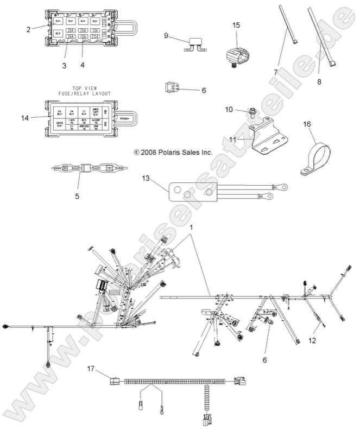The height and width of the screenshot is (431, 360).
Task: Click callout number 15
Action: (x=236, y=26)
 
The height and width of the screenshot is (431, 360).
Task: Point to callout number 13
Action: (x=146, y=178)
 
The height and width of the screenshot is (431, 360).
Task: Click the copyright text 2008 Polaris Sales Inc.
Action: (x=173, y=153)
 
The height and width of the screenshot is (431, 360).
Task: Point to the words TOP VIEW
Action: (x=84, y=87)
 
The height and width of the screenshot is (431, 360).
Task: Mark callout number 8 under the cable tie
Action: (x=319, y=81)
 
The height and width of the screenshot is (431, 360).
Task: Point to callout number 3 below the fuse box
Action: (x=64, y=66)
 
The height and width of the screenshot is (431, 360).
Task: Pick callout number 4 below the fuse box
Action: (x=83, y=66)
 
